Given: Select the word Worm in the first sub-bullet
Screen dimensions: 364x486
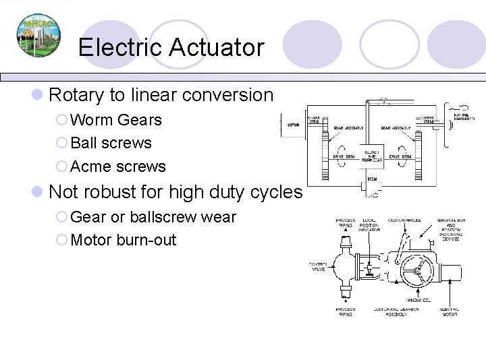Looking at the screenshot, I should click(92, 120).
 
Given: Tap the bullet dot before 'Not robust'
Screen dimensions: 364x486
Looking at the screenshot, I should click(38, 193).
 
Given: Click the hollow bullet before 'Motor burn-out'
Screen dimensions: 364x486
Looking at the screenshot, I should click(61, 241).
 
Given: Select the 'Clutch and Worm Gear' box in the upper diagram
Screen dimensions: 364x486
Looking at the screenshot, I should click(371, 156).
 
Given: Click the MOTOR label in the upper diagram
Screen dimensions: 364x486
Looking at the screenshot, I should click(294, 125).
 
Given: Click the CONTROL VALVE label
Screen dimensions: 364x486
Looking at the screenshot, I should click(317, 266).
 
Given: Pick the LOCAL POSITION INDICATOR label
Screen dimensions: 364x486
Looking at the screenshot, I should click(369, 224).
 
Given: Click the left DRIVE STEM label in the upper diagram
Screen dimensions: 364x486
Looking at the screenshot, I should click(344, 156).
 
